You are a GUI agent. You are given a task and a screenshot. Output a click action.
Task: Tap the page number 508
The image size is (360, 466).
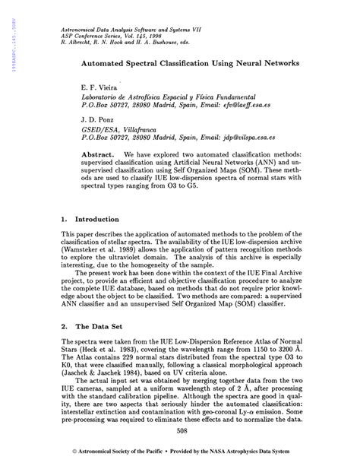[180, 432]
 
